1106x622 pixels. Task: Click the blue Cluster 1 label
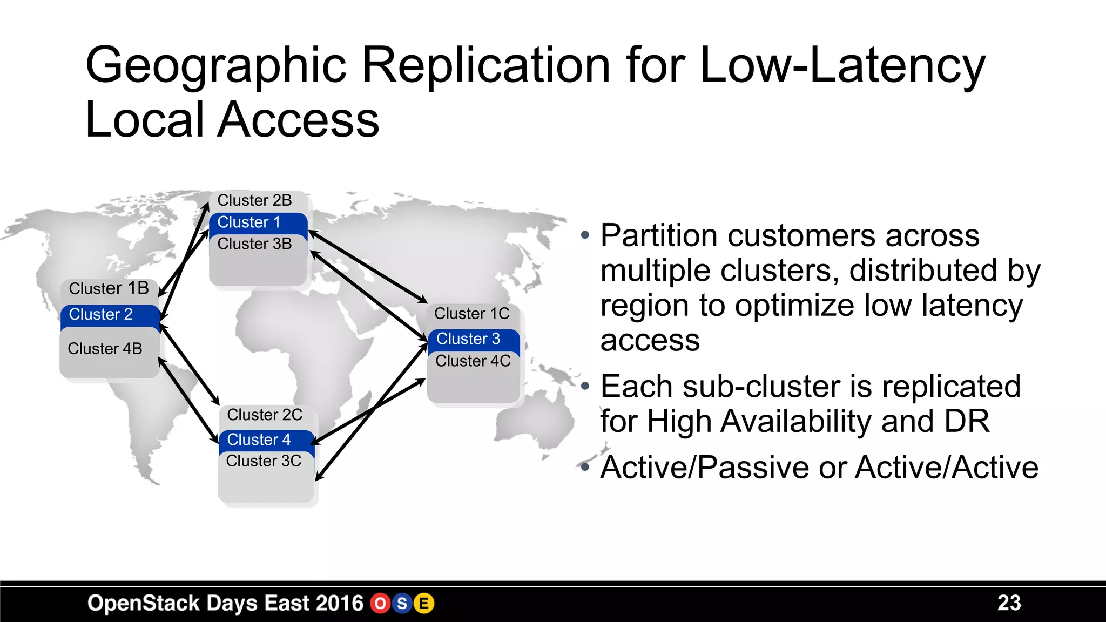tap(249, 222)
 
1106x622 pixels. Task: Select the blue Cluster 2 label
tap(101, 314)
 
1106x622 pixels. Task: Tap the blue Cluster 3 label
tap(468, 339)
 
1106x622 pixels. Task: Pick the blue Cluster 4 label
tap(259, 440)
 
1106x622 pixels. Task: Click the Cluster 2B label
tap(254, 200)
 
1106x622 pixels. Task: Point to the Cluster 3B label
tap(254, 244)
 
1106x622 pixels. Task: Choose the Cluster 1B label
tap(109, 288)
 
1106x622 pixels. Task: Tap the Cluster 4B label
tap(105, 349)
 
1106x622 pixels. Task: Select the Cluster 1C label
tap(471, 314)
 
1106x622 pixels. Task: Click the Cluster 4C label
tap(473, 361)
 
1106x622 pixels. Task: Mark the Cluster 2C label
tap(265, 415)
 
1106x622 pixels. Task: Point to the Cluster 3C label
tap(264, 461)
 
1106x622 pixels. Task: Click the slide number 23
tap(1009, 603)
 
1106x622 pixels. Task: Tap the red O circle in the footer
tap(380, 604)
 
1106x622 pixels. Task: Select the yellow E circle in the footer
tap(424, 604)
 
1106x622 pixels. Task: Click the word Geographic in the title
tap(215, 66)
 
